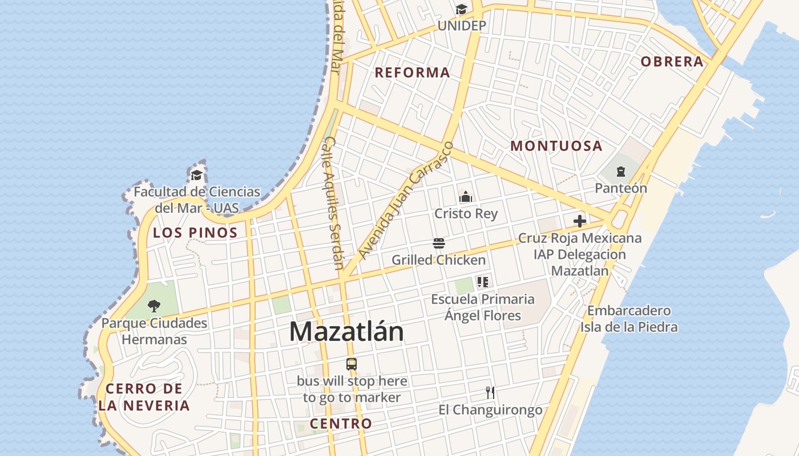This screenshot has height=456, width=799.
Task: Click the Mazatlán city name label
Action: click(x=346, y=332)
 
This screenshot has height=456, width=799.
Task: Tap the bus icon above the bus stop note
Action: click(x=352, y=364)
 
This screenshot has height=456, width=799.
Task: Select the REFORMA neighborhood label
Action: click(x=412, y=72)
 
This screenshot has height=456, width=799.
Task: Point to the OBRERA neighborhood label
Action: click(x=672, y=62)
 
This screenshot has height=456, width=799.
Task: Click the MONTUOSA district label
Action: click(x=556, y=146)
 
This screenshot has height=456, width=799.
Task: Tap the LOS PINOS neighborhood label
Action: click(x=195, y=233)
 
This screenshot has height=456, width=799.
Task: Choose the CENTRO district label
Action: click(x=341, y=424)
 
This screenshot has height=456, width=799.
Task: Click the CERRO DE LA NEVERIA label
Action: click(x=144, y=397)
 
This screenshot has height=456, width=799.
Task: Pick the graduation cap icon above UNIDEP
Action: click(x=461, y=10)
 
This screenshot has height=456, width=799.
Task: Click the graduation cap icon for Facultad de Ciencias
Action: click(x=197, y=175)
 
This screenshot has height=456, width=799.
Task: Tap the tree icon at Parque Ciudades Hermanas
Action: click(x=154, y=306)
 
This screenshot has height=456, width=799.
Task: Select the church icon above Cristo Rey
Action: click(x=466, y=197)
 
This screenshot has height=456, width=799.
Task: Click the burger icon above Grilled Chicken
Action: click(x=439, y=244)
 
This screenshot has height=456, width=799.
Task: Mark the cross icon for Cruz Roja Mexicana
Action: click(x=580, y=221)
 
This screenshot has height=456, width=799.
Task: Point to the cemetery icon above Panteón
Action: click(x=621, y=171)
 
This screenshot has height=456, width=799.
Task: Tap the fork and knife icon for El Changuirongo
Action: click(x=490, y=392)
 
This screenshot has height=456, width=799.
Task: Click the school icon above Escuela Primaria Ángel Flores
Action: click(x=483, y=282)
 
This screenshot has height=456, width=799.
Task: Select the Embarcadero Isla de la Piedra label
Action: click(x=629, y=319)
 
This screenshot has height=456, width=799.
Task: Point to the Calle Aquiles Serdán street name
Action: click(x=334, y=202)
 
